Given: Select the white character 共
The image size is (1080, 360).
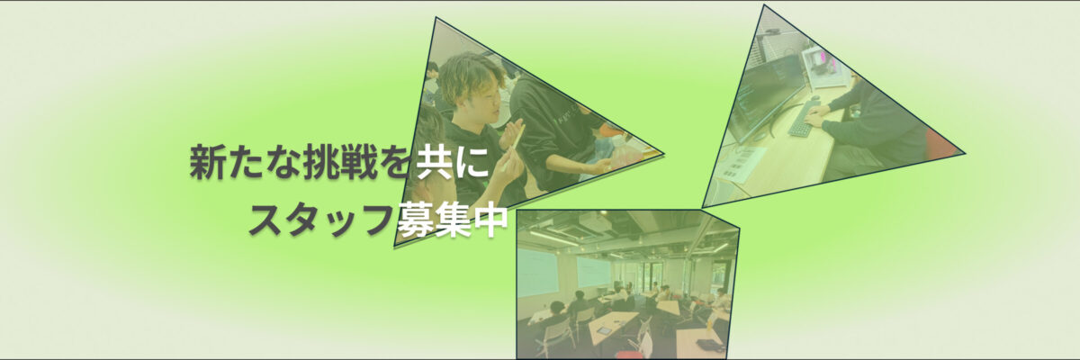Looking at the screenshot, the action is tap(435, 162).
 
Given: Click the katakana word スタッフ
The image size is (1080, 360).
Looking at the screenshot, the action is tap(321, 220).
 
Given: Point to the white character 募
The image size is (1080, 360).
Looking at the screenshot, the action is tap(416, 220).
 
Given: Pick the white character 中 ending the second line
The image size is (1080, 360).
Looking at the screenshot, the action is tap(490, 220).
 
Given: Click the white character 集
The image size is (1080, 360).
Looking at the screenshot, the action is tap(454, 220).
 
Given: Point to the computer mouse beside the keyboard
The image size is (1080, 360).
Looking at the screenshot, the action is tap(814, 98).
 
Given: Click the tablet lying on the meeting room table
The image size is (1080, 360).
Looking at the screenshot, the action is tap(603, 330).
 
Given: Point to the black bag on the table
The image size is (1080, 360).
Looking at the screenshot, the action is tap(707, 344).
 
